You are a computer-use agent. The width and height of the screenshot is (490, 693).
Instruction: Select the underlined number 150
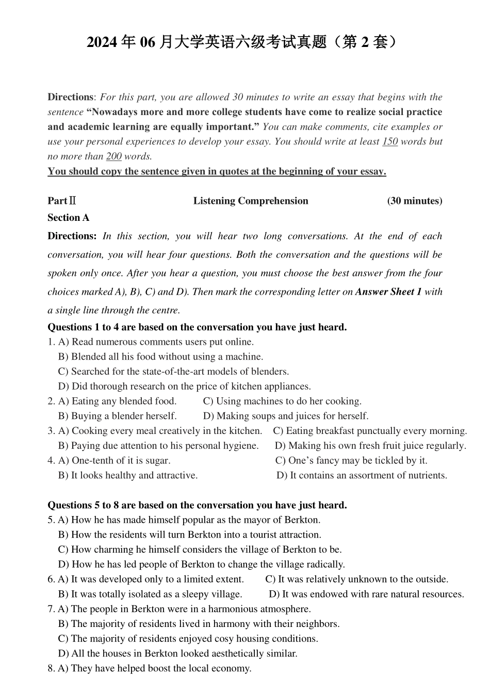pyautogui.click(x=389, y=141)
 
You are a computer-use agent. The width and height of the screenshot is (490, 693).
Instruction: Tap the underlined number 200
pyautogui.click(x=113, y=156)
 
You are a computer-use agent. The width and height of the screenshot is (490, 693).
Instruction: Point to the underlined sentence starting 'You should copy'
pyautogui.click(x=217, y=171)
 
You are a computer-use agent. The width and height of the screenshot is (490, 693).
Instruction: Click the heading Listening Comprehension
pyautogui.click(x=251, y=201)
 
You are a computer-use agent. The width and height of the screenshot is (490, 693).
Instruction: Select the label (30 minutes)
pyautogui.click(x=414, y=201)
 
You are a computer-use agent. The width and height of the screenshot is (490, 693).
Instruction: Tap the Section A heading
pyautogui.click(x=69, y=217)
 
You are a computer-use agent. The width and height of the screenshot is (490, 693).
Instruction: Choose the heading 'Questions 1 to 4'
pyautogui.click(x=197, y=327)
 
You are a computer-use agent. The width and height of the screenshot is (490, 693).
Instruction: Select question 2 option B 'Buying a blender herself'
pyautogui.click(x=118, y=416)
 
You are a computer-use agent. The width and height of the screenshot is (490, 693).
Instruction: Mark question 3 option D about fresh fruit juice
pyautogui.click(x=370, y=445)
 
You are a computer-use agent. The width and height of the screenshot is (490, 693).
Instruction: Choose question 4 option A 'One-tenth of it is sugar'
pyautogui.click(x=114, y=460)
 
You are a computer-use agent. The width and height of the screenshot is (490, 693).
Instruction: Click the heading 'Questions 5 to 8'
pyautogui.click(x=197, y=505)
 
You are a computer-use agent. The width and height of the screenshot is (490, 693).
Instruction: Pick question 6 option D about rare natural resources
pyautogui.click(x=366, y=594)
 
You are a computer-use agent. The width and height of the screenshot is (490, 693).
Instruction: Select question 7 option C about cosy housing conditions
pyautogui.click(x=188, y=638)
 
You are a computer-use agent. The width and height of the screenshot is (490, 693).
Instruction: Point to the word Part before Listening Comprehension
pyautogui.click(x=57, y=201)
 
